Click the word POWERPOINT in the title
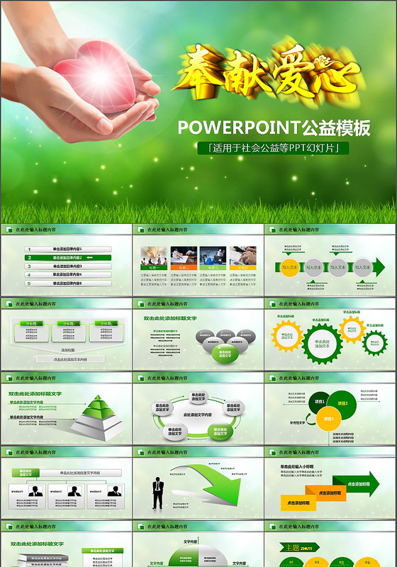coord(238,128)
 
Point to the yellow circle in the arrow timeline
coord(289,267)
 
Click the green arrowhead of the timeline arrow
coord(379,267)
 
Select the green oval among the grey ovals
coord(224,353)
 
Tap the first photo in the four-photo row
coord(152,255)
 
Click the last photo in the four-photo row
coord(243,255)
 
